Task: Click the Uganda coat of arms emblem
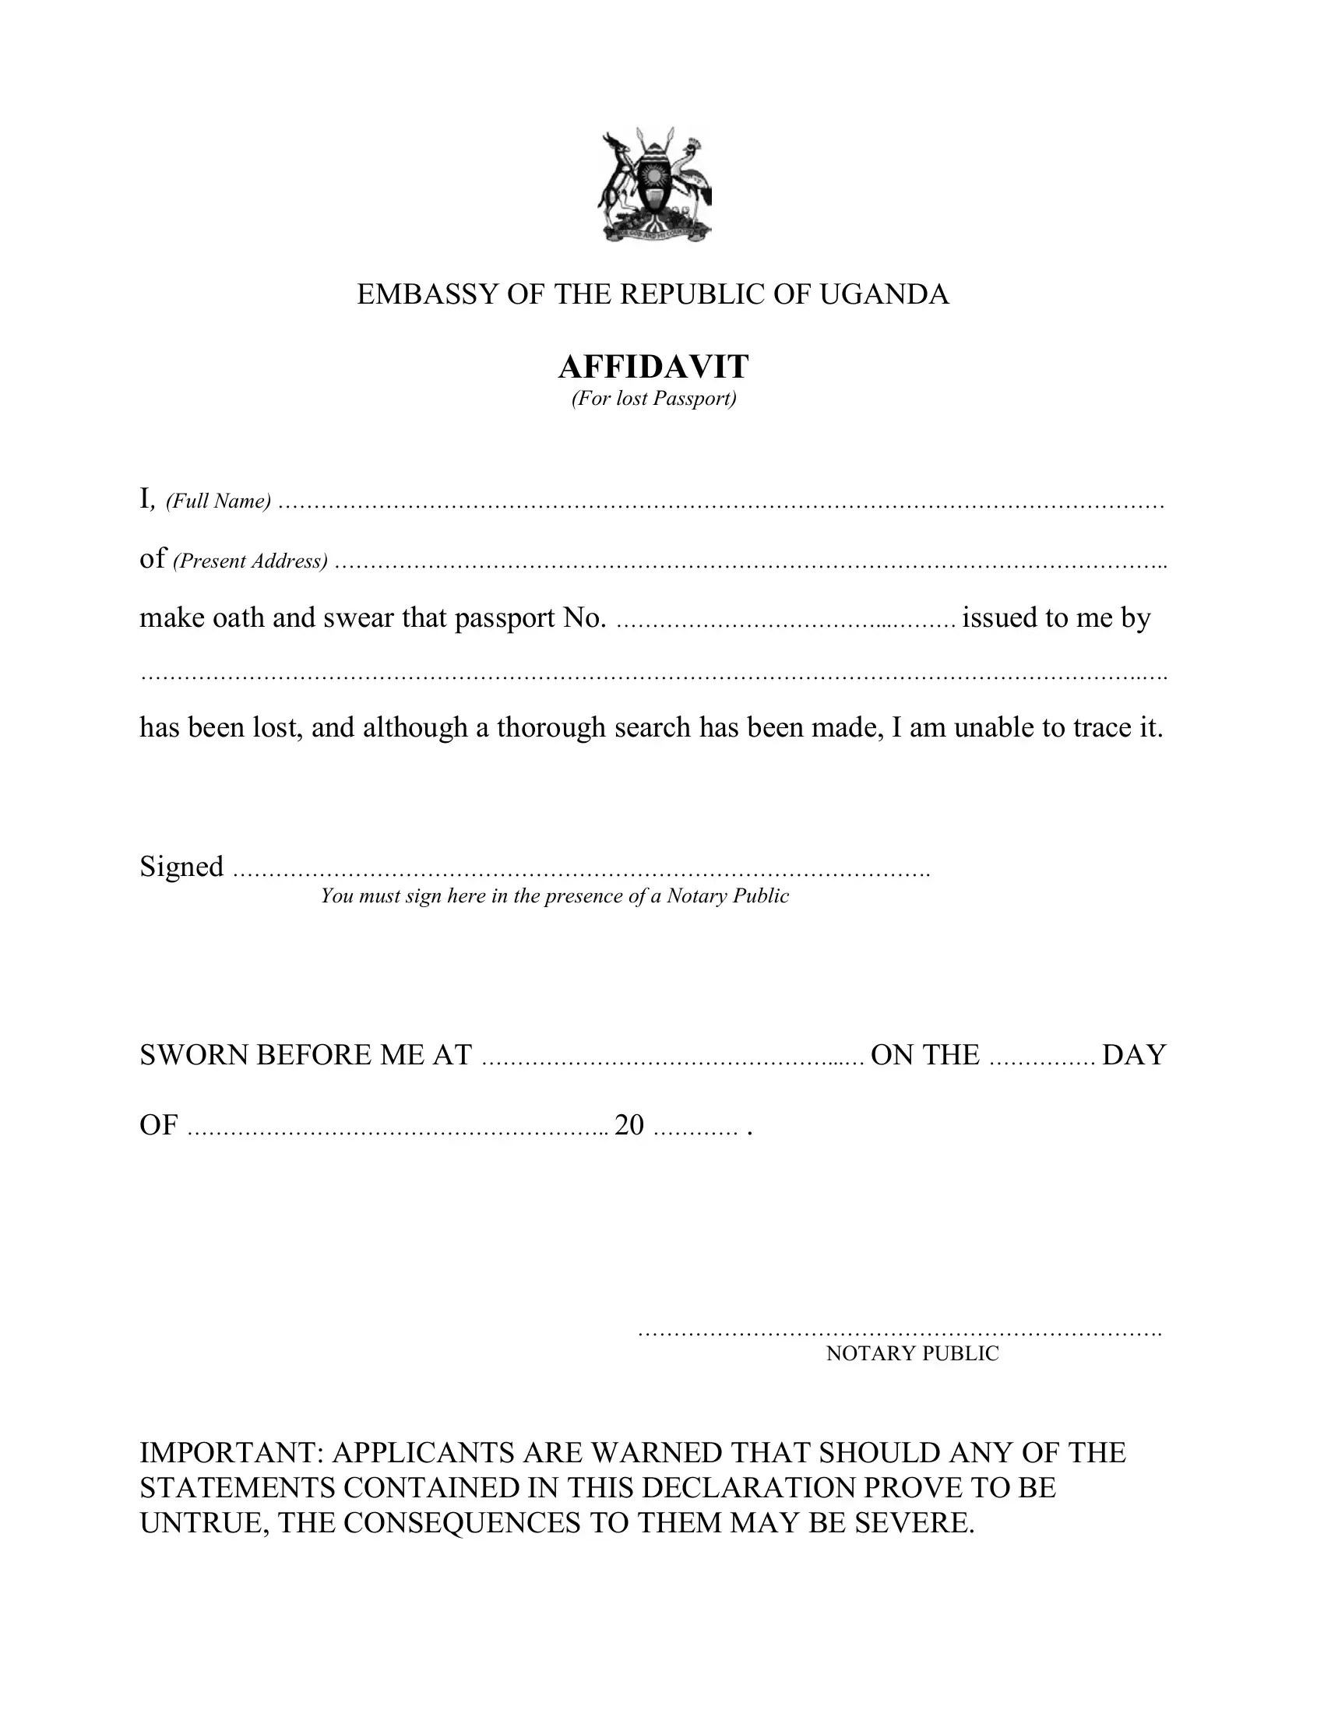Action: point(655,186)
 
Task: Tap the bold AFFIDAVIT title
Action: point(653,366)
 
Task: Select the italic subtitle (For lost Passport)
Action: point(653,399)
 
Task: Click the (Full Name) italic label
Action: point(218,501)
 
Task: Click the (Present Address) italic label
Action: point(250,561)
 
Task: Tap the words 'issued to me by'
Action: point(1056,618)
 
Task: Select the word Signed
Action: point(181,867)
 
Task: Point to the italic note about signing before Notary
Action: point(555,896)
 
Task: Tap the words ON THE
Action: point(924,1056)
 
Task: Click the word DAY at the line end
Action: point(1134,1056)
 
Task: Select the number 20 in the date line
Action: point(629,1126)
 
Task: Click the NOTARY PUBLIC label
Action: point(912,1354)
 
